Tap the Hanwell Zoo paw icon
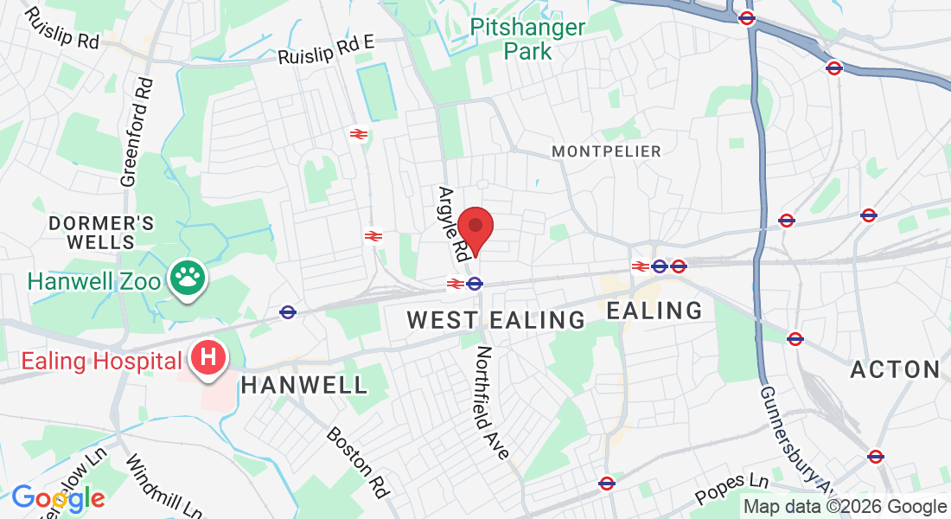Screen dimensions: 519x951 (186, 279)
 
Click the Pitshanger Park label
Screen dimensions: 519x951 (527, 39)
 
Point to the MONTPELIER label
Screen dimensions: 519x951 (606, 151)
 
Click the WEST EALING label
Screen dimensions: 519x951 (496, 320)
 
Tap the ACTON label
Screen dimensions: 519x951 (895, 370)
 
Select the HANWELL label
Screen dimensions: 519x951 (304, 385)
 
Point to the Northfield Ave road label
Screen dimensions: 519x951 (492, 402)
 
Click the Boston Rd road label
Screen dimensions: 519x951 (356, 461)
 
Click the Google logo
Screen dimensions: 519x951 (58, 498)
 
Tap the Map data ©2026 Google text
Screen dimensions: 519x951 (846, 507)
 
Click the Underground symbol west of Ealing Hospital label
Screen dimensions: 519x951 (288, 311)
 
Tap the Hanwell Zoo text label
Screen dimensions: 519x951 (94, 282)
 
